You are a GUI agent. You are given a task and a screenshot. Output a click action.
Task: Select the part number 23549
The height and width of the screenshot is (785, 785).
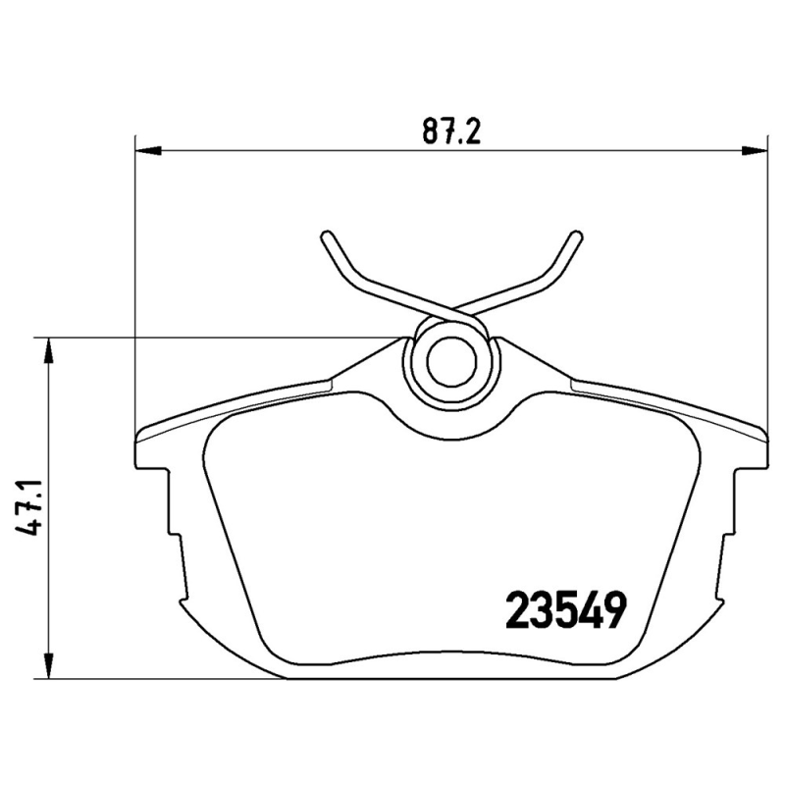[x=565, y=611]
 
